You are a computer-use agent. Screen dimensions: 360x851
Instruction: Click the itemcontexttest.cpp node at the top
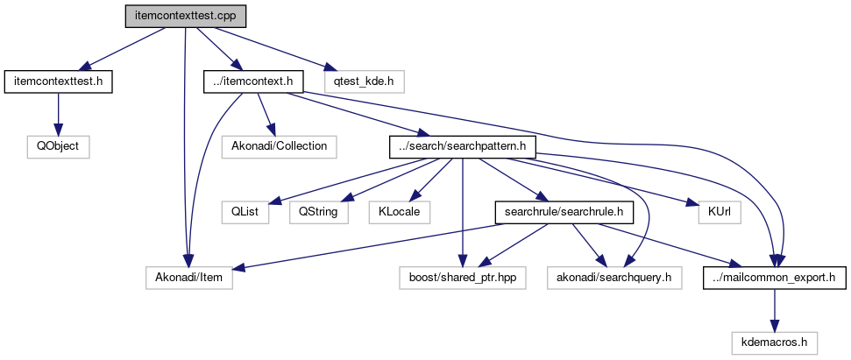tap(185, 16)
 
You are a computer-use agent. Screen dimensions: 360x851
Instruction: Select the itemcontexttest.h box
tap(59, 81)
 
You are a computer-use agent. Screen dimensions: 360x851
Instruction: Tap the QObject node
tap(59, 146)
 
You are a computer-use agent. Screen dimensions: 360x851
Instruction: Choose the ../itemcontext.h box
tap(253, 81)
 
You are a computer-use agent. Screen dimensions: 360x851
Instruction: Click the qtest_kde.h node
tap(364, 81)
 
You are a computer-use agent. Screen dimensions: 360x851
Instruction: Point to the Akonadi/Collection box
tap(279, 146)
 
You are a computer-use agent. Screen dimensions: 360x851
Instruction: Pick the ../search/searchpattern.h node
tap(461, 146)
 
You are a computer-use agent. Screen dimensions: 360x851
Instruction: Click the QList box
tap(244, 212)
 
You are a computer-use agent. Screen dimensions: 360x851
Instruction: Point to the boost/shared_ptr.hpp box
tap(462, 278)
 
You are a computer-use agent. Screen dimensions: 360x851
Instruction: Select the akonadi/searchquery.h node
tap(613, 278)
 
